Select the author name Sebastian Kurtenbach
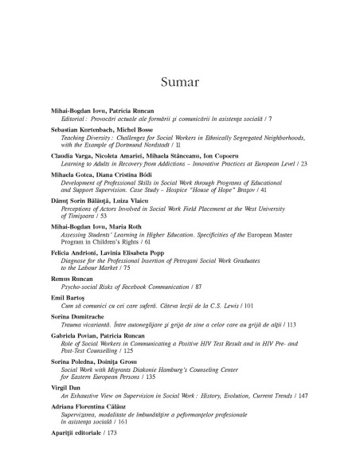(x=76, y=130)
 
